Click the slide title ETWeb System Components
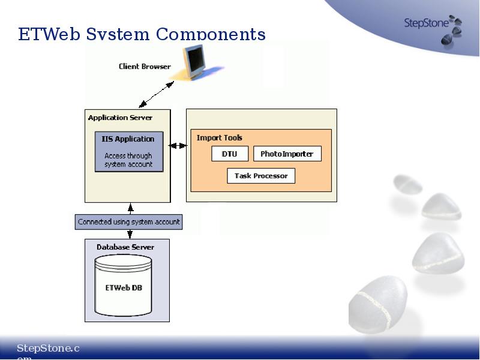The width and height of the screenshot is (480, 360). pyautogui.click(x=142, y=34)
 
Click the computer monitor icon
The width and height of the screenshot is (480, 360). pyautogui.click(x=195, y=62)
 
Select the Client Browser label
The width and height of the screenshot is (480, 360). pyautogui.click(x=145, y=67)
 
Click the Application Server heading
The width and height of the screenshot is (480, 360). pyautogui.click(x=120, y=118)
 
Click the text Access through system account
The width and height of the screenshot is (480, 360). pyautogui.click(x=128, y=160)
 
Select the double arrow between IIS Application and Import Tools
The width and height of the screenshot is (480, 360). pyautogui.click(x=178, y=146)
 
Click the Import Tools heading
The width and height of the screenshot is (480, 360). pyautogui.click(x=220, y=138)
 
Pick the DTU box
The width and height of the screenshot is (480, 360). pyautogui.click(x=230, y=154)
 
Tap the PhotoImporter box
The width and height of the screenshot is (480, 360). pyautogui.click(x=287, y=154)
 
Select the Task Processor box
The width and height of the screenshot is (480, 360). pyautogui.click(x=261, y=176)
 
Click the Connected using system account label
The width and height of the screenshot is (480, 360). pyautogui.click(x=129, y=221)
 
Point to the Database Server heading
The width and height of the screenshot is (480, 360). pyautogui.click(x=125, y=247)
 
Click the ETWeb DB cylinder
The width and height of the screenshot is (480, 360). pyautogui.click(x=124, y=287)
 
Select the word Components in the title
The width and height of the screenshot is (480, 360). pyautogui.click(x=211, y=34)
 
